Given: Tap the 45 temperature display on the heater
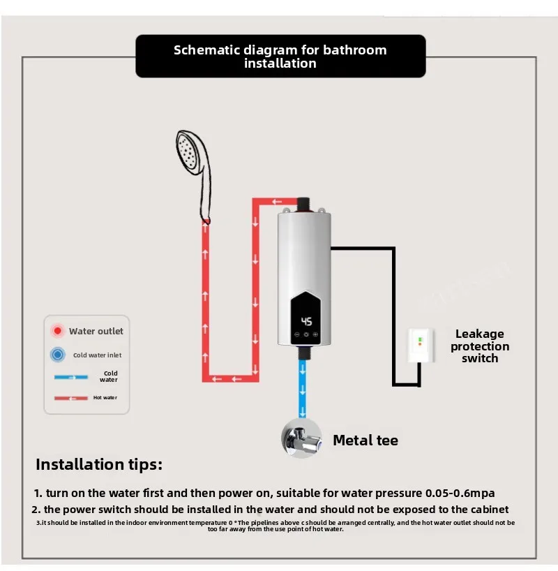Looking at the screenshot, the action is [x=306, y=321].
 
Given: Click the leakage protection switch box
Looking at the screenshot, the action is [x=421, y=346].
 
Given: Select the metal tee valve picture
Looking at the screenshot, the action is [x=301, y=438].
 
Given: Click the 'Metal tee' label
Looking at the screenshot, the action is [x=365, y=440].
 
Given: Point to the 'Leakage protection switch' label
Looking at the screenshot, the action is [x=480, y=346].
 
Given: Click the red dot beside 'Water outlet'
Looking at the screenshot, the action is [x=57, y=331].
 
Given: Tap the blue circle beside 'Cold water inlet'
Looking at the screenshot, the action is [x=57, y=355].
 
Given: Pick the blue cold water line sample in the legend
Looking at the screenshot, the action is [x=71, y=377].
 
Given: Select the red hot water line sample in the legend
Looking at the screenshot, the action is [x=71, y=398].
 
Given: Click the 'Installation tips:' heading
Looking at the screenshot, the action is [x=99, y=464].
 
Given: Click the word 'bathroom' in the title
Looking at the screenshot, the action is [x=354, y=50].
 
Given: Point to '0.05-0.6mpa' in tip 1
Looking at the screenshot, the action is [x=460, y=493].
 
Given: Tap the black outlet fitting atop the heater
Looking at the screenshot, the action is [x=303, y=205].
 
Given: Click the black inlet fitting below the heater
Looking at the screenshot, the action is [x=303, y=353].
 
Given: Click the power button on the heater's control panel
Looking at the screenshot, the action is [x=306, y=334].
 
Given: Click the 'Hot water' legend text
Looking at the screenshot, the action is [x=105, y=398].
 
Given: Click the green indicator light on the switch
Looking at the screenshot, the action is [x=420, y=339].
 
